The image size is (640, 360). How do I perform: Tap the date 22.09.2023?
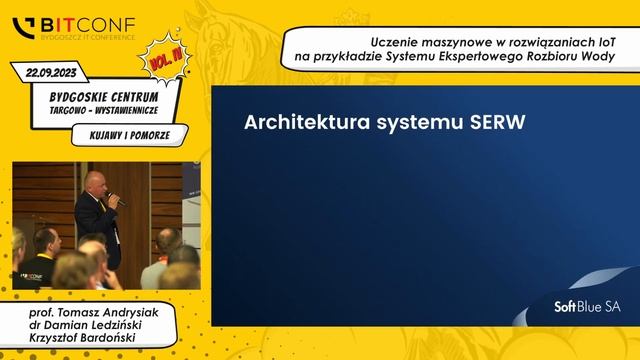[50, 72]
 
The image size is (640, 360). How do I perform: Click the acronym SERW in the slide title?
[496, 122]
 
